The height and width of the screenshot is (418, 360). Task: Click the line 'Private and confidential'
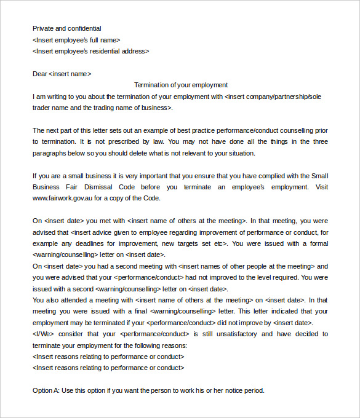[x=66, y=28]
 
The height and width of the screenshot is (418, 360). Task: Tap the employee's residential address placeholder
[x=90, y=52]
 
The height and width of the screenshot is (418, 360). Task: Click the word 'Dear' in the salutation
[x=40, y=74]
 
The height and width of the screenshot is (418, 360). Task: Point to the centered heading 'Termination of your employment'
[x=181, y=85]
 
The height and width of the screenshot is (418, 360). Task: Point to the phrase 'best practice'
[x=186, y=130]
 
